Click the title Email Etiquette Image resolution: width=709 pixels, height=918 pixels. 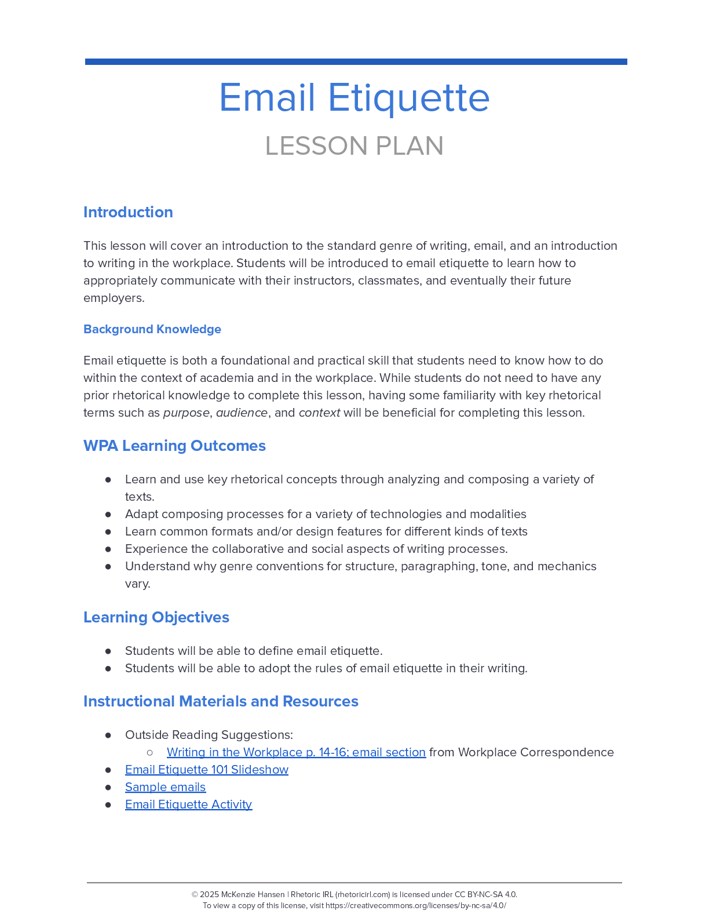point(354,97)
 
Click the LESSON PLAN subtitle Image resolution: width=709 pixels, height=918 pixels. point(354,146)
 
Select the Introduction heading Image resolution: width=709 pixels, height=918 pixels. point(128,212)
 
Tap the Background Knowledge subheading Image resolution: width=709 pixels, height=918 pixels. point(152,329)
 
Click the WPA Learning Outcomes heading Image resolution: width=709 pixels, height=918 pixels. point(174,446)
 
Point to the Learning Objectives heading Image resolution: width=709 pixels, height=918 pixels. point(156,617)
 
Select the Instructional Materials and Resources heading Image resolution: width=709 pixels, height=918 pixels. point(221,701)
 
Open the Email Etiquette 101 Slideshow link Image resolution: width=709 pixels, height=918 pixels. point(207,770)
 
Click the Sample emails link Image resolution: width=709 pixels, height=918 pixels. point(166,787)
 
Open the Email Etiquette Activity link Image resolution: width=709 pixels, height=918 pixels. point(189,804)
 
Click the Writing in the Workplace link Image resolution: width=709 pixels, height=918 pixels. point(296,752)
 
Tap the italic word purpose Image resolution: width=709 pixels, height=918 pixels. point(186,413)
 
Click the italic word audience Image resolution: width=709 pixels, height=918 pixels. point(242,413)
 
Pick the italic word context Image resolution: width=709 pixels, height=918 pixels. point(319,413)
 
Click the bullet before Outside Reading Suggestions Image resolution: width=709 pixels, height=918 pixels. point(108,735)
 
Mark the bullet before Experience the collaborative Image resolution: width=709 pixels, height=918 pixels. point(108,549)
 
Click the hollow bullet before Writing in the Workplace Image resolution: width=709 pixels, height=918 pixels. point(150,752)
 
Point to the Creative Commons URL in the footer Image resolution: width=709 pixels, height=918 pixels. point(415,906)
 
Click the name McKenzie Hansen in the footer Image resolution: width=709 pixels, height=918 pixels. point(253,894)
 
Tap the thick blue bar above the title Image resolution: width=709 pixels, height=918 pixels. point(356,61)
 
